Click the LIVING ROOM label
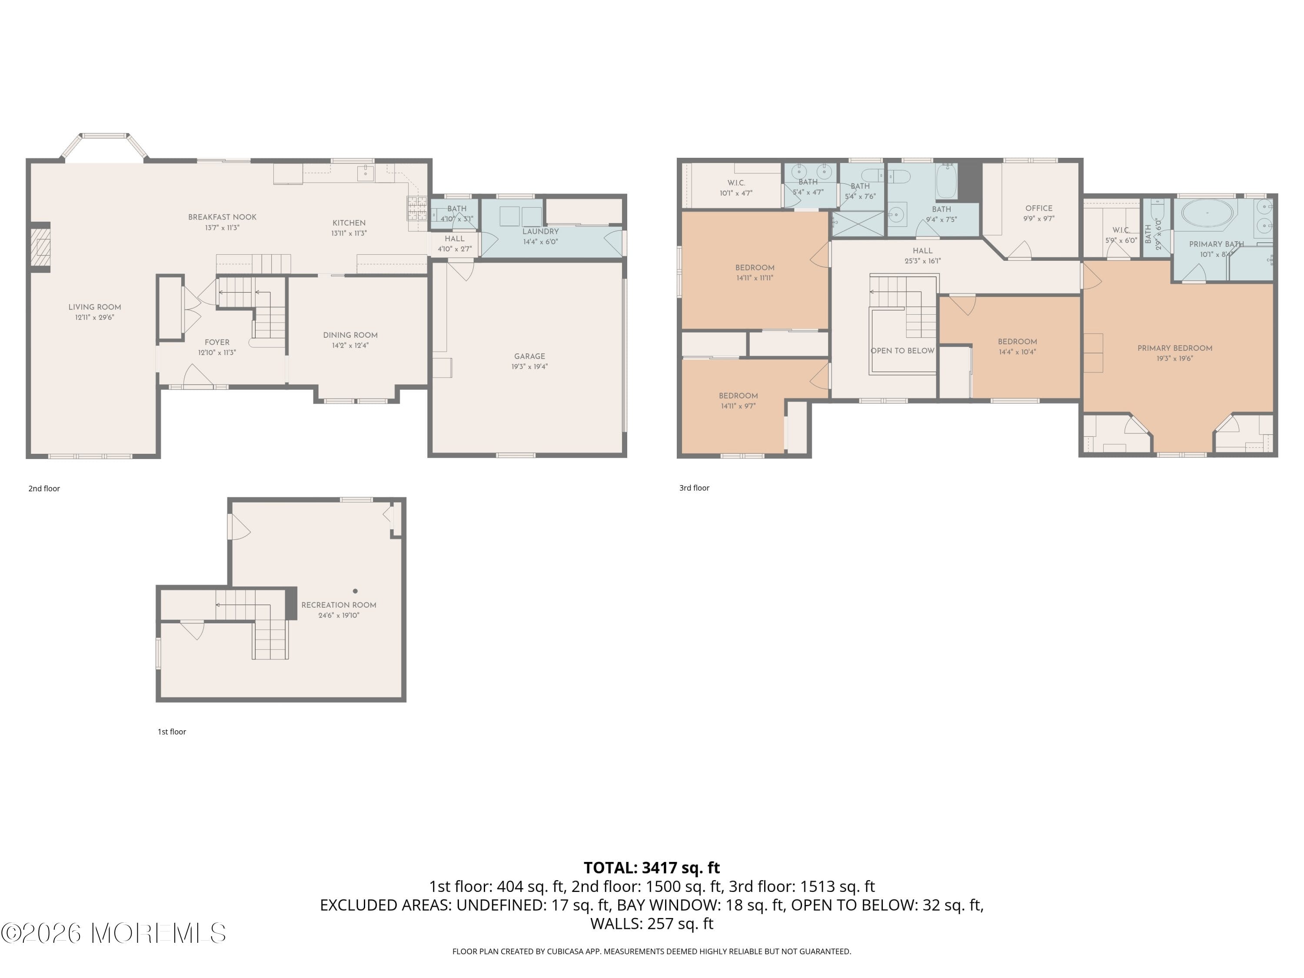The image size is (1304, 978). pyautogui.click(x=94, y=307)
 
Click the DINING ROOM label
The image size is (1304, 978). pyautogui.click(x=350, y=335)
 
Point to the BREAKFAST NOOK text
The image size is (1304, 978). pyautogui.click(x=222, y=217)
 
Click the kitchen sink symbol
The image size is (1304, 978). pyautogui.click(x=366, y=172)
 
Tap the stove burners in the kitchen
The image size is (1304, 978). pyautogui.click(x=417, y=208)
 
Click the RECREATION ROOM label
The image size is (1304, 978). pyautogui.click(x=338, y=605)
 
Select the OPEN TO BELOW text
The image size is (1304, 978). pyautogui.click(x=902, y=351)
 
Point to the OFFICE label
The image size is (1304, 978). pyautogui.click(x=1039, y=208)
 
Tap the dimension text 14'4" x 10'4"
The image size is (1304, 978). pyautogui.click(x=1017, y=352)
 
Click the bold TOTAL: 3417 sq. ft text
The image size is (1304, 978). pyautogui.click(x=652, y=868)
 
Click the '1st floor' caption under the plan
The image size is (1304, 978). pyautogui.click(x=172, y=732)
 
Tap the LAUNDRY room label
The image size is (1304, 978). pyautogui.click(x=540, y=232)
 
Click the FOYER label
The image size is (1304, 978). pyautogui.click(x=217, y=342)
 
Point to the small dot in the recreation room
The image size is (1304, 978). pyautogui.click(x=355, y=591)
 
